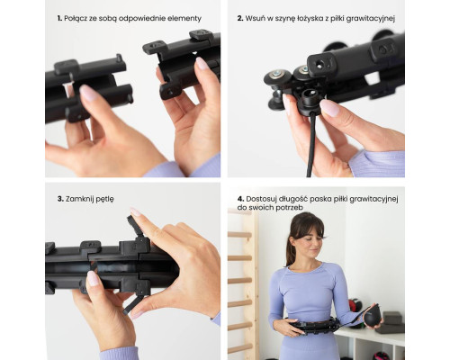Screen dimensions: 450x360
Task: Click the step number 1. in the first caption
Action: click(x=59, y=18)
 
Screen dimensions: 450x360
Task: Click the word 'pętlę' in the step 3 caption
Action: click(x=104, y=200)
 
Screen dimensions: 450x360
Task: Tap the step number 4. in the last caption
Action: click(x=240, y=199)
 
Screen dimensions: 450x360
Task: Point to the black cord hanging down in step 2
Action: click(x=311, y=144)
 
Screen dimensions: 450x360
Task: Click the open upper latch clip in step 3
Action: click(x=134, y=227)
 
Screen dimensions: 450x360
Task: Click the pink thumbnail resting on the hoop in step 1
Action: click(x=87, y=93)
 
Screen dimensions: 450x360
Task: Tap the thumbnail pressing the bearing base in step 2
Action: click(x=329, y=107)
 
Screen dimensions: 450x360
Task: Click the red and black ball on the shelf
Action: click(x=355, y=308)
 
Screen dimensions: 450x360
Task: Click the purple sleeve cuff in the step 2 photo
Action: click(x=376, y=164)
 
